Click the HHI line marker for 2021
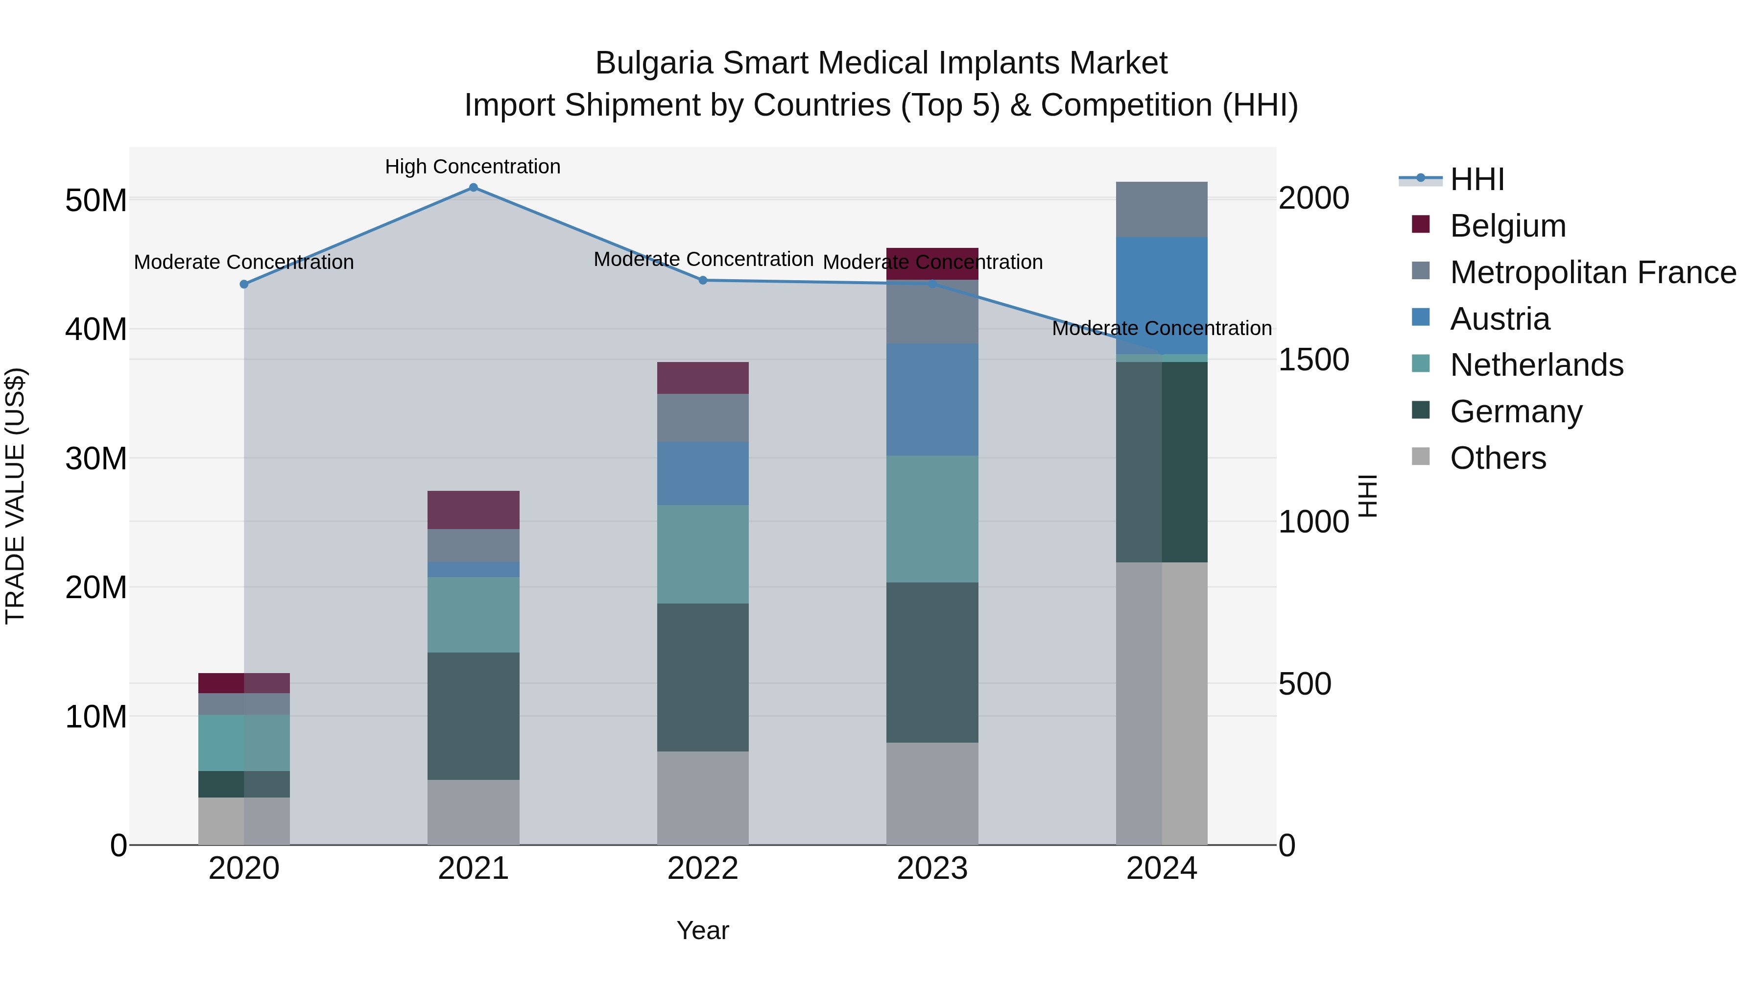(473, 188)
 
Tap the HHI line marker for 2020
(244, 284)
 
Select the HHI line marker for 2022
(703, 280)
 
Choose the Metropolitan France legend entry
(1592, 272)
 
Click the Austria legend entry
(1499, 319)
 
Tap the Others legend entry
(1498, 458)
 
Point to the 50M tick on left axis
(96, 200)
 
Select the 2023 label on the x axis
(932, 869)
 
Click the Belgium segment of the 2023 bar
(932, 264)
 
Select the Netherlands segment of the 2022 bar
(703, 554)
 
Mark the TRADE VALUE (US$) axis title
(15, 496)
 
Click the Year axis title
(703, 930)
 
